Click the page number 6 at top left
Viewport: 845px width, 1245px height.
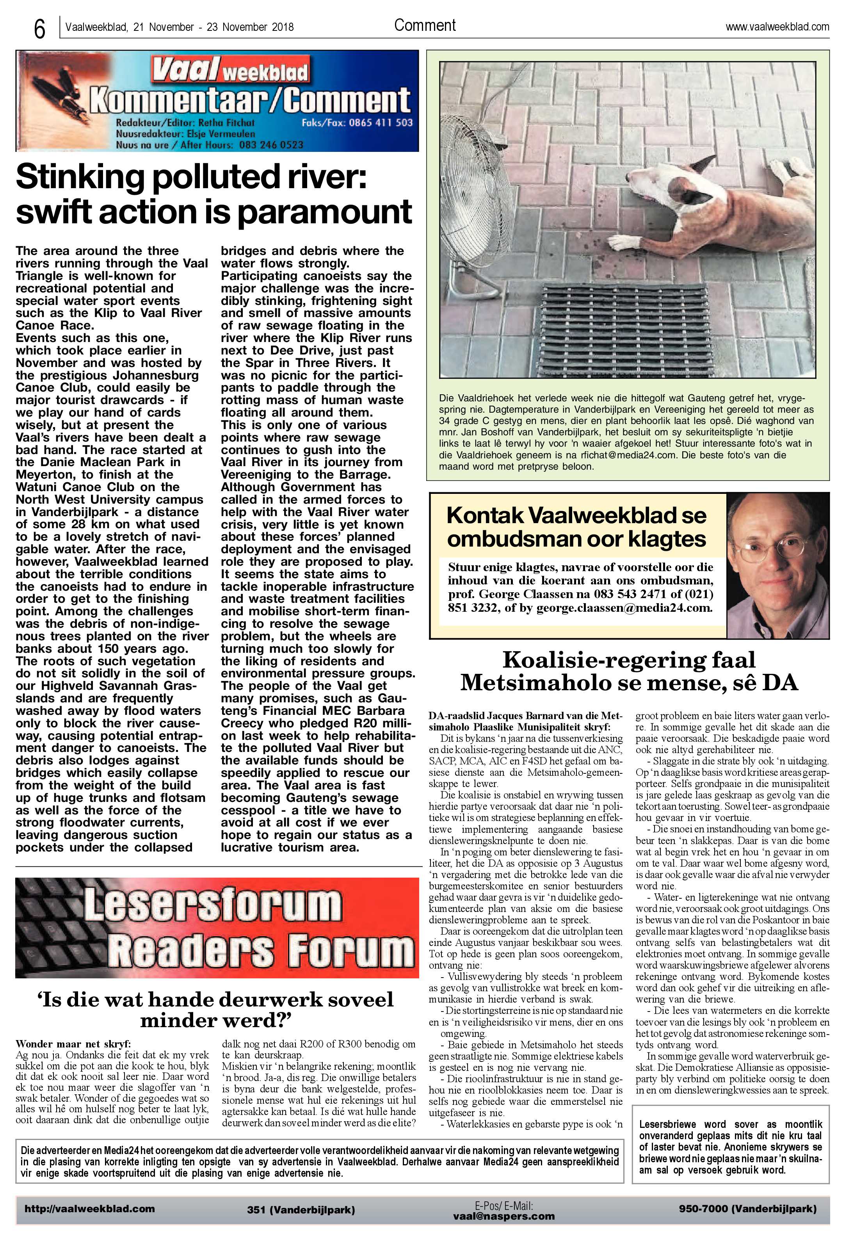pos(39,28)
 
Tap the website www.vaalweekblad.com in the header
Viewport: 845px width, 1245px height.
pos(777,26)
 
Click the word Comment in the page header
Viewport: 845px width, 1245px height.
pos(425,25)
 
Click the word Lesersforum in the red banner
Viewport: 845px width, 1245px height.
pos(212,905)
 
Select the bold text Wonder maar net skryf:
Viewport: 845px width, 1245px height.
pos(73,1044)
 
